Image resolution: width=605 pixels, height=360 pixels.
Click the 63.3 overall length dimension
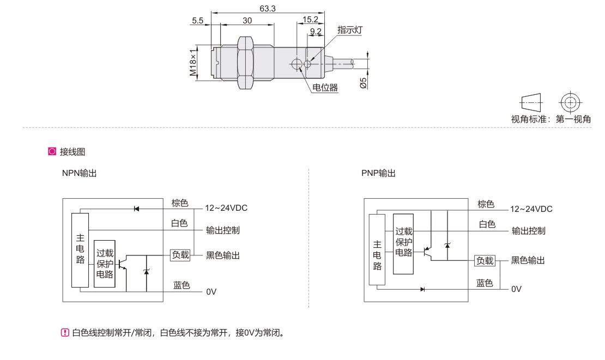click(x=268, y=8)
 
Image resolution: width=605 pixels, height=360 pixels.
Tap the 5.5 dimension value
click(x=198, y=20)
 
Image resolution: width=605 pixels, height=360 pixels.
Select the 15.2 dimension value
click(x=311, y=20)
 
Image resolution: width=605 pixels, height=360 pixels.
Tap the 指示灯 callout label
click(x=349, y=30)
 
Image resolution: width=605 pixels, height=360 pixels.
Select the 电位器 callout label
click(x=325, y=88)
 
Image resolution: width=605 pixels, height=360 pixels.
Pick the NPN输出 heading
click(x=80, y=173)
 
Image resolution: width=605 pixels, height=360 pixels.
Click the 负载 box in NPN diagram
click(x=180, y=254)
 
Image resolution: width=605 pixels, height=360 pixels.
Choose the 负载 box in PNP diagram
click(x=485, y=260)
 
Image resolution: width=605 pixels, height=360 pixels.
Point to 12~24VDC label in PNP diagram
click(x=531, y=209)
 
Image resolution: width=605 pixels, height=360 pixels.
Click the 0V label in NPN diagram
click(x=211, y=292)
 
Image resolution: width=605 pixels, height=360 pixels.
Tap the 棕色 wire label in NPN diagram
click(x=180, y=203)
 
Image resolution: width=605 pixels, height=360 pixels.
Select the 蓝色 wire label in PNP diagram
click(x=485, y=283)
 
